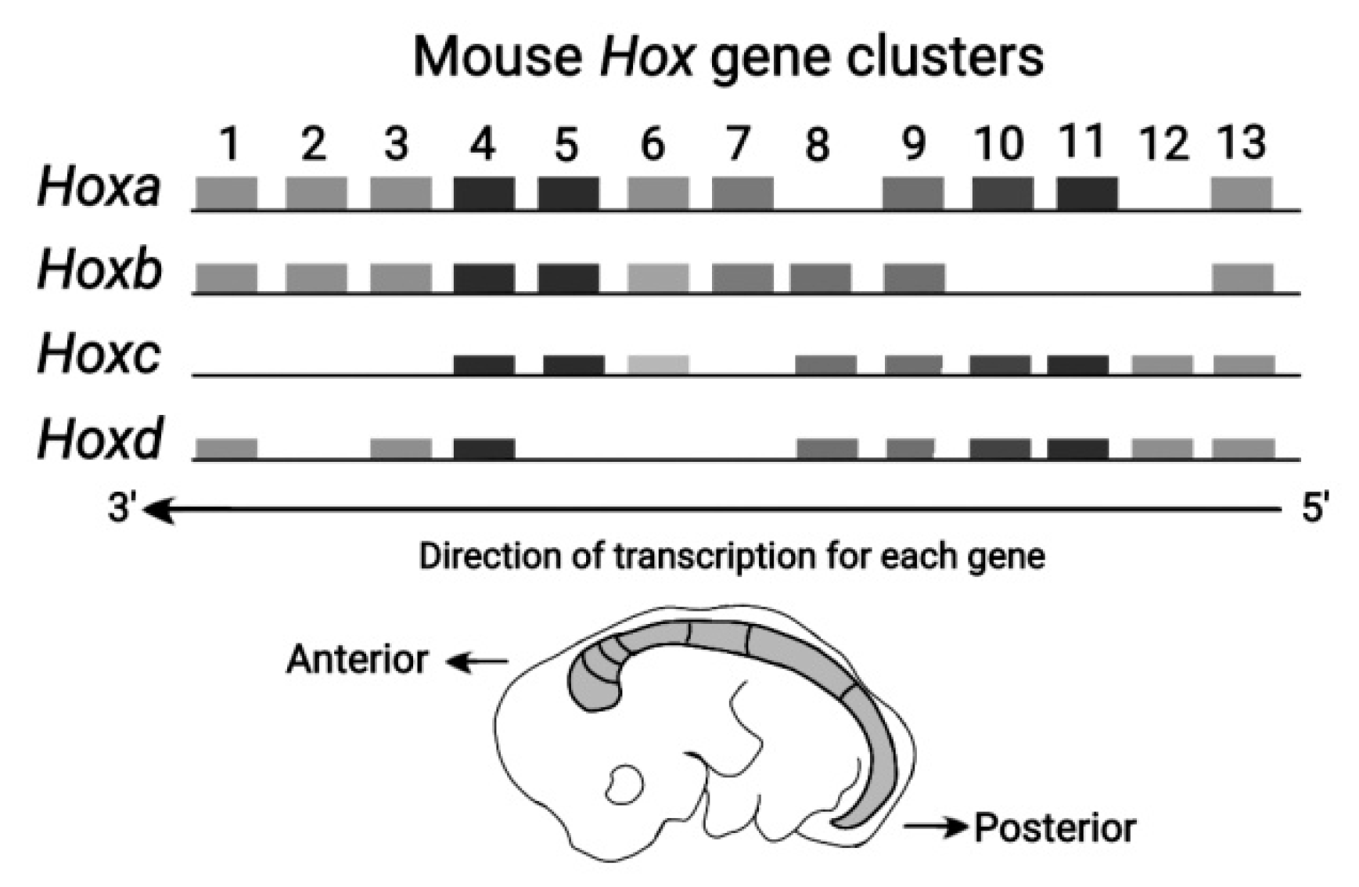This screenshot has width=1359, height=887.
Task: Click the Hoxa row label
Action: [x=99, y=188]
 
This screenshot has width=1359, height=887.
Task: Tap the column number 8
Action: [x=817, y=145]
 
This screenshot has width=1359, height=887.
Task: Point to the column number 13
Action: [x=1241, y=143]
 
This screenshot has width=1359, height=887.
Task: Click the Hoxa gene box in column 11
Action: [x=1087, y=193]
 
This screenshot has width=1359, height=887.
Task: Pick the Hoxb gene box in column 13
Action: [x=1242, y=277]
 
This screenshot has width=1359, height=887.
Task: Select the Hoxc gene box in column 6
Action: [x=658, y=365]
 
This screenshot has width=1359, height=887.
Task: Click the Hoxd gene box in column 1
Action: [x=226, y=448]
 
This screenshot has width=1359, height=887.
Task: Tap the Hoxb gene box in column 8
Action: [x=821, y=277]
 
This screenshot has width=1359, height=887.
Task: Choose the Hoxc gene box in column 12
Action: [x=1162, y=365]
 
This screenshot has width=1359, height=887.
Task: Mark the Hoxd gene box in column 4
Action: [x=484, y=448]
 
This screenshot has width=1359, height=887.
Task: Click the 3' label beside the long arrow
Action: [x=121, y=509]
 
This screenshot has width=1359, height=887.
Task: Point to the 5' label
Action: [x=1314, y=509]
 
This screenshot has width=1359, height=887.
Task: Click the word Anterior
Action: [x=357, y=660]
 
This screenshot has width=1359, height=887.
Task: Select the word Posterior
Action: [x=1055, y=828]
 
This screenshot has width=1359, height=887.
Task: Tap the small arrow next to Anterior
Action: [x=476, y=662]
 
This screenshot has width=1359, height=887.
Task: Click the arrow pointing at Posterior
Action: [x=934, y=827]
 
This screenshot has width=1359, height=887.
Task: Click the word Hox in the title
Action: [x=646, y=56]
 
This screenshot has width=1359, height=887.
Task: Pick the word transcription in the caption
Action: [x=714, y=557]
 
